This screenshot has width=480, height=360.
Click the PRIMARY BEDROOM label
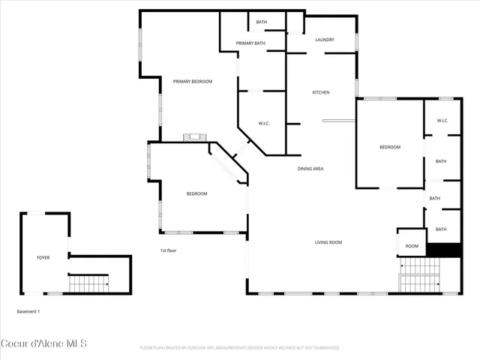pos(193,81)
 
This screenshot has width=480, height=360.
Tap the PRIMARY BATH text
pos(250,43)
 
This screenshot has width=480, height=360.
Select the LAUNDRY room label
pos(324,40)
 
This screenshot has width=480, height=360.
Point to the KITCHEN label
pos(321,92)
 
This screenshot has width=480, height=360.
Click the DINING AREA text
pos(310,169)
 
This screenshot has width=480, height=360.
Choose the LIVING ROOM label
pos(328,242)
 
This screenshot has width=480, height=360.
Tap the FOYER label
pos(43,257)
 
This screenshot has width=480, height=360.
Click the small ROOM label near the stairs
pos(412,246)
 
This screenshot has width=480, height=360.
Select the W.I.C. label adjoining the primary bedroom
pos(264,123)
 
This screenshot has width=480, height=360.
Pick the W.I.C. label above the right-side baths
pos(442,121)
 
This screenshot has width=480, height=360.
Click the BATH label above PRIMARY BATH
pos(261,22)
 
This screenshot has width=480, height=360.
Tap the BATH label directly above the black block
pos(441,229)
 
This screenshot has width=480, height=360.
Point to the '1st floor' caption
pos(167,250)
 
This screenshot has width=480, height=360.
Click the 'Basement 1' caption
pos(28,310)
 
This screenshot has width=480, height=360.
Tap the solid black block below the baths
pos(442,250)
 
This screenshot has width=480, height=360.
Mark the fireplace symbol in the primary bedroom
pos(196,137)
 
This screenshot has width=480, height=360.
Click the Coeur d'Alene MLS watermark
pos(44,343)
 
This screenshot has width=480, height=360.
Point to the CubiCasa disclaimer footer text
pos(239,348)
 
